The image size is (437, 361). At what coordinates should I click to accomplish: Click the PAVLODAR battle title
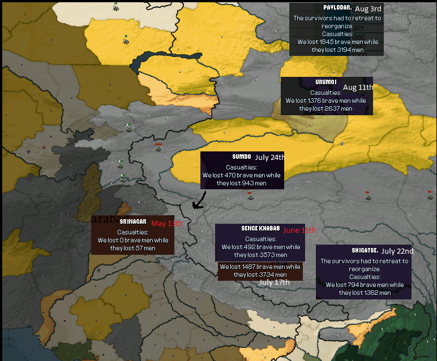click(337, 8)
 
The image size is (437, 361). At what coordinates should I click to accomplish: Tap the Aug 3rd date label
click(369, 8)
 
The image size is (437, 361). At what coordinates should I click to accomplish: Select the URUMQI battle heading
click(325, 82)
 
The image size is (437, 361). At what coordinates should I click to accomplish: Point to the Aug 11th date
click(358, 88)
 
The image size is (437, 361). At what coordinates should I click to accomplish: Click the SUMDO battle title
click(242, 156)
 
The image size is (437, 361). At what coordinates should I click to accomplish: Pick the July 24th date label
click(269, 158)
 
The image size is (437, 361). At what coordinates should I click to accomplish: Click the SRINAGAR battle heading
click(133, 221)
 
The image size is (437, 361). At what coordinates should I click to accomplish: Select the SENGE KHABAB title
click(260, 228)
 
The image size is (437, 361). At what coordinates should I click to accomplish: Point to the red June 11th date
click(299, 230)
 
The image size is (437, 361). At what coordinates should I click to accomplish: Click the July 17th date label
click(274, 282)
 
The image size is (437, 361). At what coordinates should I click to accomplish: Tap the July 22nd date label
click(397, 251)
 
